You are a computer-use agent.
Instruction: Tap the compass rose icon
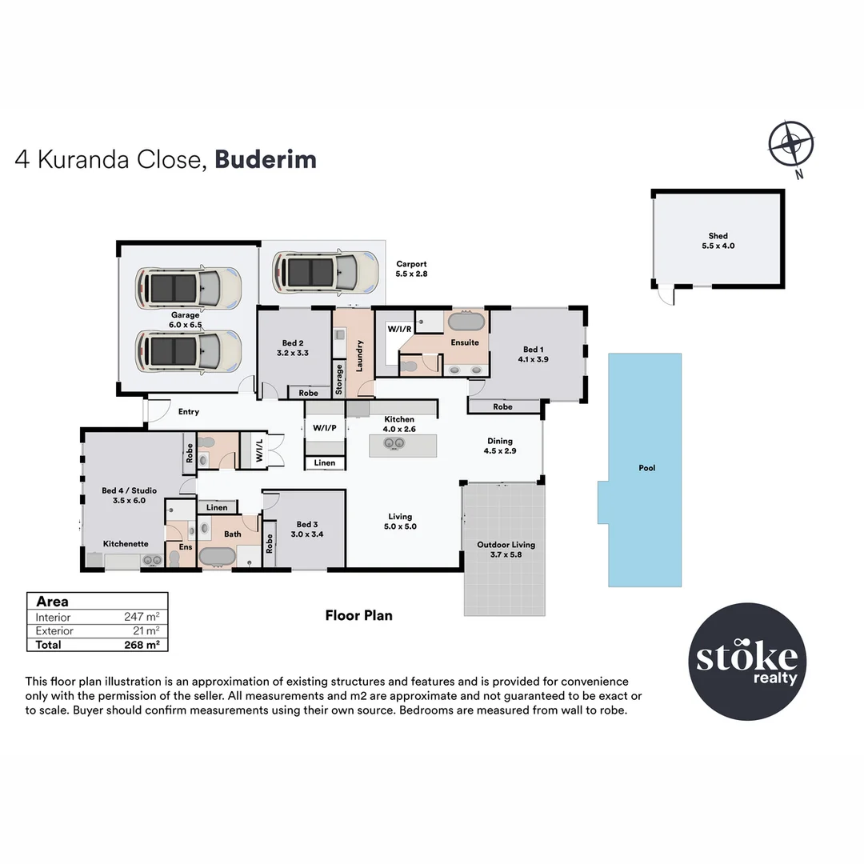[x=790, y=145]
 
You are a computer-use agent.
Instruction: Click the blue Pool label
[x=646, y=468]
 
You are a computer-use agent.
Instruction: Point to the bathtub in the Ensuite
[x=465, y=323]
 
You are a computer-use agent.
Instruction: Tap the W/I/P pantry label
[x=324, y=428]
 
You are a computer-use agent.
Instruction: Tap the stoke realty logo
[x=747, y=662]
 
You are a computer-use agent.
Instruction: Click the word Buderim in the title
[x=266, y=159]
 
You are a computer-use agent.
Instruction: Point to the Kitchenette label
[x=126, y=543]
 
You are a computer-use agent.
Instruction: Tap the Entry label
[x=189, y=412]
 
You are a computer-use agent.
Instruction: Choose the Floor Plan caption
[x=358, y=615]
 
